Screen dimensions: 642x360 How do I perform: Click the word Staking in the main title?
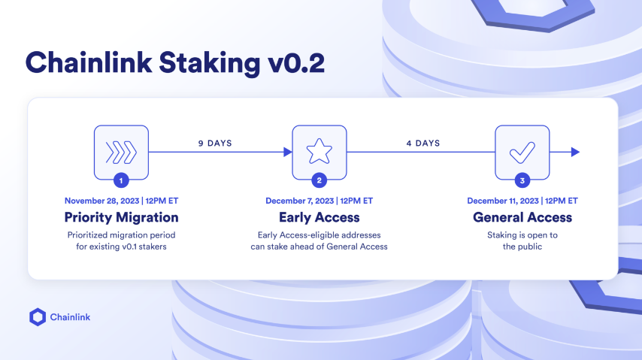209,63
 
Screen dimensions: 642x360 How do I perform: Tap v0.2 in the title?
296,63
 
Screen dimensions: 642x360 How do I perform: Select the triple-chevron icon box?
121,153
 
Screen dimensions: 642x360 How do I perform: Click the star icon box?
319,153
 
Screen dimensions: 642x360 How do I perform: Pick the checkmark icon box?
522,153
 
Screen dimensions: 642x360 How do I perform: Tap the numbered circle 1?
121,180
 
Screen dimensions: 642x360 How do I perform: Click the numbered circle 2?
319,180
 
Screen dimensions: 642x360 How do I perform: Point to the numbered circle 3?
522,180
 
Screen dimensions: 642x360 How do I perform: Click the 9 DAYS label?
215,143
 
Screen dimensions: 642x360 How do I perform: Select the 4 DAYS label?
423,143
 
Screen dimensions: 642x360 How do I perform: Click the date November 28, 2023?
102,201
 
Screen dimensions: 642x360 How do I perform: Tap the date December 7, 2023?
300,201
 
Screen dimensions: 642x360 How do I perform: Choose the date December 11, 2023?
503,201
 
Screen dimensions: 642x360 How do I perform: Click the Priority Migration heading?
121,217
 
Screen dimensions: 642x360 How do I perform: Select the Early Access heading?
319,217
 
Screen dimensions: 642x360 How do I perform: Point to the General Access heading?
522,217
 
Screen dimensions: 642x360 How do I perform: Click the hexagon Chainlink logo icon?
38,317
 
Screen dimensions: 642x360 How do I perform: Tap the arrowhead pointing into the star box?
288,152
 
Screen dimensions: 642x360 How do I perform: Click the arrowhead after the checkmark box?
575,152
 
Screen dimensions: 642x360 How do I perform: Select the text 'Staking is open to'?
522,235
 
